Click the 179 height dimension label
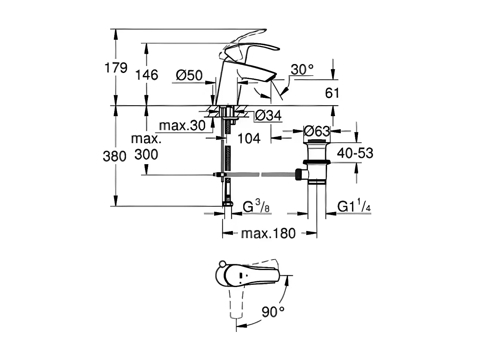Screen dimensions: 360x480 click(x=116, y=68)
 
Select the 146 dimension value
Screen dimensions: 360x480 click(x=146, y=75)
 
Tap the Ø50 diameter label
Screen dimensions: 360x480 click(x=189, y=76)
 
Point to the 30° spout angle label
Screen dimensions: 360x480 click(x=302, y=69)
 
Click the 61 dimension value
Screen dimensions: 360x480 click(x=332, y=93)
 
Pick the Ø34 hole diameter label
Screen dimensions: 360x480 click(x=268, y=116)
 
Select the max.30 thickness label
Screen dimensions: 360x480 click(x=182, y=126)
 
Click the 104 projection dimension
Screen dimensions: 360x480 click(x=249, y=139)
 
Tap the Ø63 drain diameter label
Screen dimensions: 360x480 click(x=316, y=131)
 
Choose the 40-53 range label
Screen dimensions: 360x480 click(x=355, y=153)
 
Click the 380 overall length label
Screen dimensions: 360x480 click(x=114, y=156)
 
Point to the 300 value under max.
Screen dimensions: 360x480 click(x=146, y=155)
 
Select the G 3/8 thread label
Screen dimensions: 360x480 click(x=256, y=207)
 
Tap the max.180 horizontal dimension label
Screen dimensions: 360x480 click(x=268, y=234)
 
